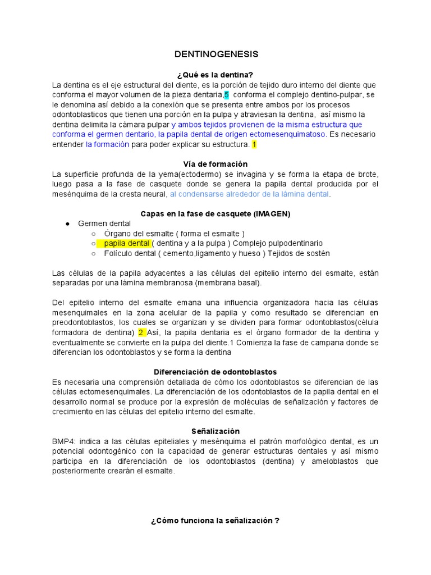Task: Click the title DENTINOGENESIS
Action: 216,54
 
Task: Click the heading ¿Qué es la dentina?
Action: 215,75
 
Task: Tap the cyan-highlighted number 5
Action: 227,95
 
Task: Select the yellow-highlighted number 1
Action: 254,144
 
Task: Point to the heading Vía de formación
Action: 215,164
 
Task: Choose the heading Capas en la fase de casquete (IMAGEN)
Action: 215,213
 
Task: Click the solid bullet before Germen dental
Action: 67,223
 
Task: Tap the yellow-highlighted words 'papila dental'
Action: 126,243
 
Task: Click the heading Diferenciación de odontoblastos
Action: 215,372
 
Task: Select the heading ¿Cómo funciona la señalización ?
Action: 215,521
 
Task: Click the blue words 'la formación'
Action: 107,144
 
